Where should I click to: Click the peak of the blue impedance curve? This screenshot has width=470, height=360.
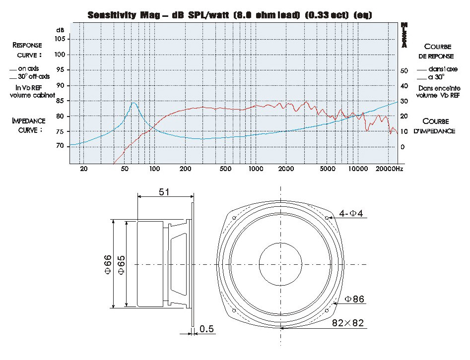point(134,103)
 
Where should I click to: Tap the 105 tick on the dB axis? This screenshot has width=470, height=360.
point(60,39)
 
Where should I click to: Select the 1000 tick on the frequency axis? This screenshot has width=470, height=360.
point(256,169)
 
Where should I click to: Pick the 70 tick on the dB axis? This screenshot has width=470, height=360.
point(60,146)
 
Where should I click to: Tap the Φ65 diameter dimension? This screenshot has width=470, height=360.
point(122,264)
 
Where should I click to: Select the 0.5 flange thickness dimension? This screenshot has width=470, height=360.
point(206,329)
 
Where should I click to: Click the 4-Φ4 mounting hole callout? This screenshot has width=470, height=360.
point(351,213)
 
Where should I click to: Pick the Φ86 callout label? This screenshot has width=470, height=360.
point(354,299)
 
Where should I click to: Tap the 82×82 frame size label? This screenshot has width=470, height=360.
point(348,323)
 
